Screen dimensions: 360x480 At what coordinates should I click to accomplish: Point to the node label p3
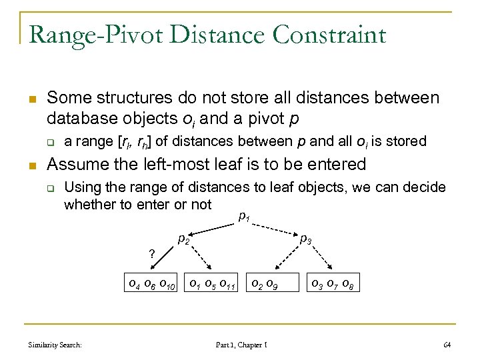pyautogui.click(x=305, y=238)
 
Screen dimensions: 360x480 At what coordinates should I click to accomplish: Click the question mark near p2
pyautogui.click(x=152, y=253)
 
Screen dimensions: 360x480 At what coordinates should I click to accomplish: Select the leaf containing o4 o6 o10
pyautogui.click(x=153, y=285)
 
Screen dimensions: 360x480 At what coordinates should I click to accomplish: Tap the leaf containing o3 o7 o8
pyautogui.click(x=334, y=285)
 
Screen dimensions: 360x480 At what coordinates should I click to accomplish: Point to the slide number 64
pyautogui.click(x=447, y=345)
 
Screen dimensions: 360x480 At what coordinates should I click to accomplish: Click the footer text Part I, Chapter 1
pyautogui.click(x=241, y=345)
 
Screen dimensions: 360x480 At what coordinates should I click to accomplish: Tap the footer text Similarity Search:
pyautogui.click(x=55, y=345)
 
